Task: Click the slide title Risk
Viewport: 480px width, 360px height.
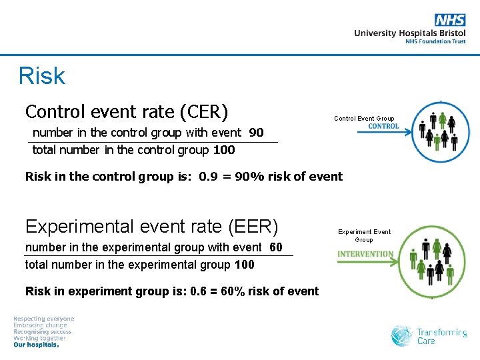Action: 42,76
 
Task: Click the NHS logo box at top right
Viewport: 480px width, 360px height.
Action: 450,20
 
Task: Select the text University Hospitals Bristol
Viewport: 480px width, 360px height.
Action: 409,33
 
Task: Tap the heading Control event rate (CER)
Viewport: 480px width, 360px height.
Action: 127,110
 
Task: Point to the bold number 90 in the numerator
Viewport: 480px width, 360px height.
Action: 256,133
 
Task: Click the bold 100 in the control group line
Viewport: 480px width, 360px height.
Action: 224,150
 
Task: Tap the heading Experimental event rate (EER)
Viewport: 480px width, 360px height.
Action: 151,226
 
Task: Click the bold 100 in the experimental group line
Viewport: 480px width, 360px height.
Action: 244,265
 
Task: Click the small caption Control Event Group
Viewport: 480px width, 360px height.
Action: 364,119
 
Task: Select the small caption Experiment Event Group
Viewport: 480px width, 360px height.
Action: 364,235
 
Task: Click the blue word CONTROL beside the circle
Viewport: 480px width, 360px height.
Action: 383,127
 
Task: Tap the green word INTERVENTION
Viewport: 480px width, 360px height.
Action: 365,254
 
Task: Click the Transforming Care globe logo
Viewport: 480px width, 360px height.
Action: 402,336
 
